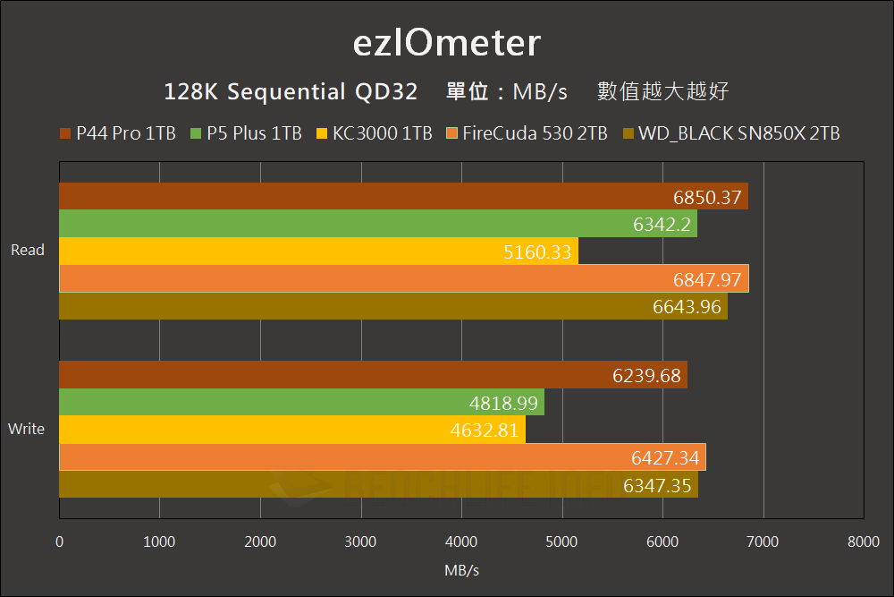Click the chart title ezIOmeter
446,43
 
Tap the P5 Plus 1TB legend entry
246,134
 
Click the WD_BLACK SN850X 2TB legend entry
730,134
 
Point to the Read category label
28,251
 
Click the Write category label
26,429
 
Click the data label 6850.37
708,198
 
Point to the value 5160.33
537,252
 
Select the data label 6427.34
665,458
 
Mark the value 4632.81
485,431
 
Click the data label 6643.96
687,307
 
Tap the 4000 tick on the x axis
461,542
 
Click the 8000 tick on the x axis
863,542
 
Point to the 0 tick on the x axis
59,542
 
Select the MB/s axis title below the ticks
461,570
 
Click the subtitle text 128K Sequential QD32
291,92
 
